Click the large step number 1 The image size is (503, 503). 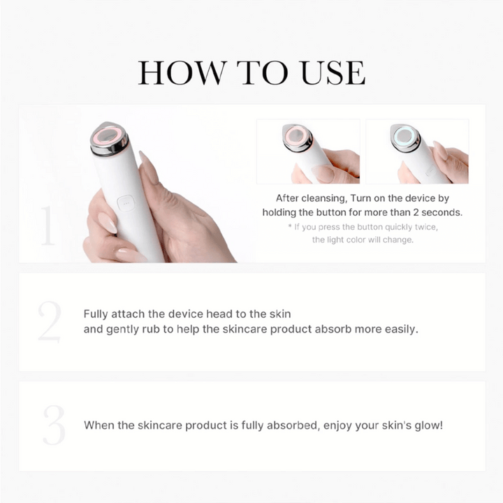(48, 225)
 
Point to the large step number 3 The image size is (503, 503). (53, 425)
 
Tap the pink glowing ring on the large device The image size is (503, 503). (108, 136)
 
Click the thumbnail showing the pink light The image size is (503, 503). (307, 151)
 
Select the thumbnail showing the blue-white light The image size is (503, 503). (417, 151)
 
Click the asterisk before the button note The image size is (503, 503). (290, 227)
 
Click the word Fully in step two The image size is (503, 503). (98, 314)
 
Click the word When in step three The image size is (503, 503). (99, 425)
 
